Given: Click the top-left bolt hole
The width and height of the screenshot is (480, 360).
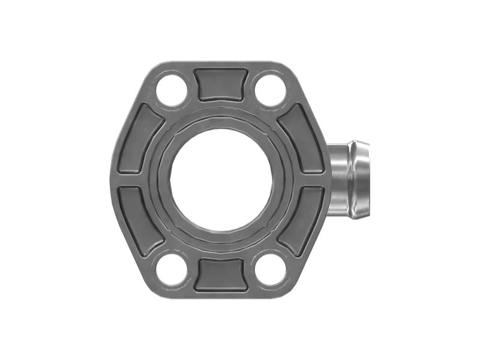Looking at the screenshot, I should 172,91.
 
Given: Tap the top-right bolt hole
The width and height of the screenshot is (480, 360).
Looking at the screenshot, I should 271,91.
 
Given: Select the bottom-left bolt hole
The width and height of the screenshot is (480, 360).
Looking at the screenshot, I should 172,269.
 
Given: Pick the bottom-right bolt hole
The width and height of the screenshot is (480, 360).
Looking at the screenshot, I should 271,269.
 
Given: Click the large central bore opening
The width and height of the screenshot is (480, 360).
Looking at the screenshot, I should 221,179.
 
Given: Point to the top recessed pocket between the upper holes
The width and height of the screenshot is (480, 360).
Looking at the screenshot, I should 221,84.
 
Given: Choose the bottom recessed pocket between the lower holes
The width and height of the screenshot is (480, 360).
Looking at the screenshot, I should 221,275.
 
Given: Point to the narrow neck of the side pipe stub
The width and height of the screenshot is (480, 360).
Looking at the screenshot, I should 339,179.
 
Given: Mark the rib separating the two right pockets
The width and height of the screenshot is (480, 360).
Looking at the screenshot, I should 311,180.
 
